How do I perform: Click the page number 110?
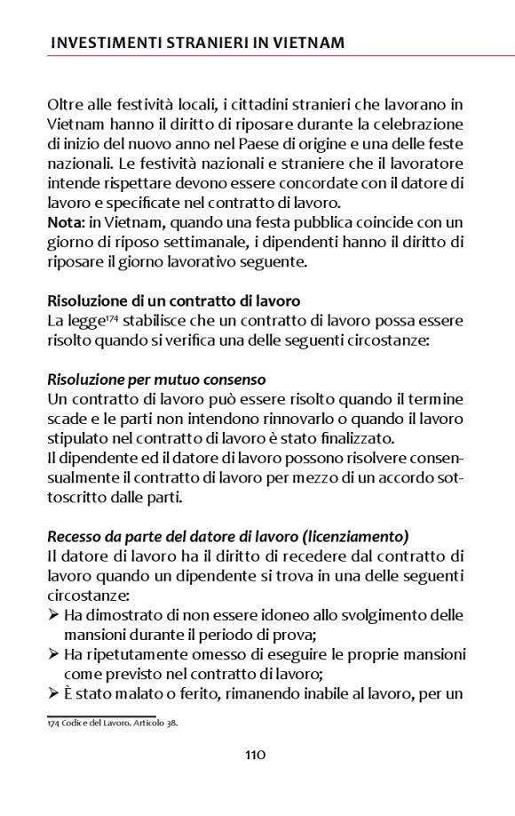coord(256,756)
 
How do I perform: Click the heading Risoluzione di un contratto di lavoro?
coord(173,300)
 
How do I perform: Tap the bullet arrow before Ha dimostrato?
coord(53,615)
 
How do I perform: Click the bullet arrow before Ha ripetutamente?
coord(53,654)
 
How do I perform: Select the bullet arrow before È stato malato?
coord(53,693)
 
